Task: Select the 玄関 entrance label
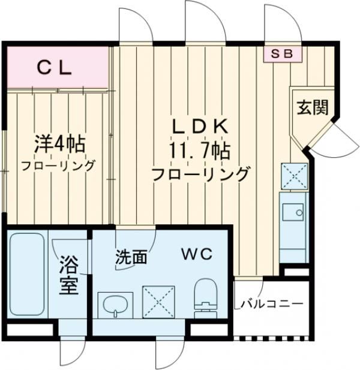(312, 107)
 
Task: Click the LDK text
(200, 127)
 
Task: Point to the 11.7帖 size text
(200, 150)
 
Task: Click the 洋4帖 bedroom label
(58, 145)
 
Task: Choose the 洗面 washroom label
(131, 258)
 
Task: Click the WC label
(197, 254)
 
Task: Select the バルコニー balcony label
(272, 304)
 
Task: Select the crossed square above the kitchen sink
(294, 176)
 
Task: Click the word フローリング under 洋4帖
(58, 166)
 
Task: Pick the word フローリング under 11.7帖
(200, 175)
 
